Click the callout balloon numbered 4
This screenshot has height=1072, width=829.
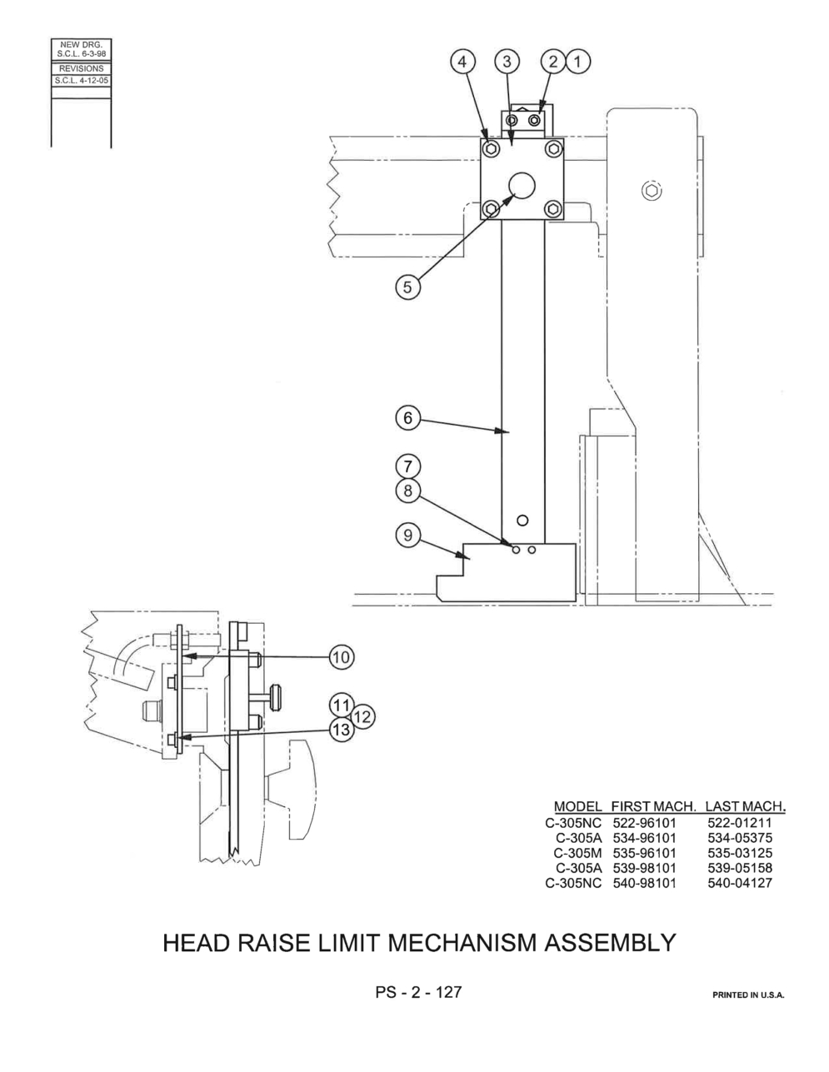tap(462, 62)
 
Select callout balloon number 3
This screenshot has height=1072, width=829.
tap(507, 62)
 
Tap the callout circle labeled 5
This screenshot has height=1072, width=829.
tap(407, 287)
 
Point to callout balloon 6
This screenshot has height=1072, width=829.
tap(407, 418)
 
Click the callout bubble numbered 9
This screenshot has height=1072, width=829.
tap(407, 536)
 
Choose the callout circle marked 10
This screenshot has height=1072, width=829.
tap(342, 657)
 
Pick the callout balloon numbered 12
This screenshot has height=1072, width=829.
tap(362, 717)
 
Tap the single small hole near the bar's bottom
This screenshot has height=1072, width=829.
tap(522, 520)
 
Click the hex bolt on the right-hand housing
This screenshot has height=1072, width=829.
tap(652, 191)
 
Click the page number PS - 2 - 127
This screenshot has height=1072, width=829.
tap(418, 991)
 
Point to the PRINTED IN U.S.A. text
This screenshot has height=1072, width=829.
tap(748, 995)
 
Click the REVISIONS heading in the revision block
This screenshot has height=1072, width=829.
tap(82, 68)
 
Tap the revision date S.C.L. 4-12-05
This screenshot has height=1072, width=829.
tap(82, 81)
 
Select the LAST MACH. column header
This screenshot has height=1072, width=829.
tap(745, 806)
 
